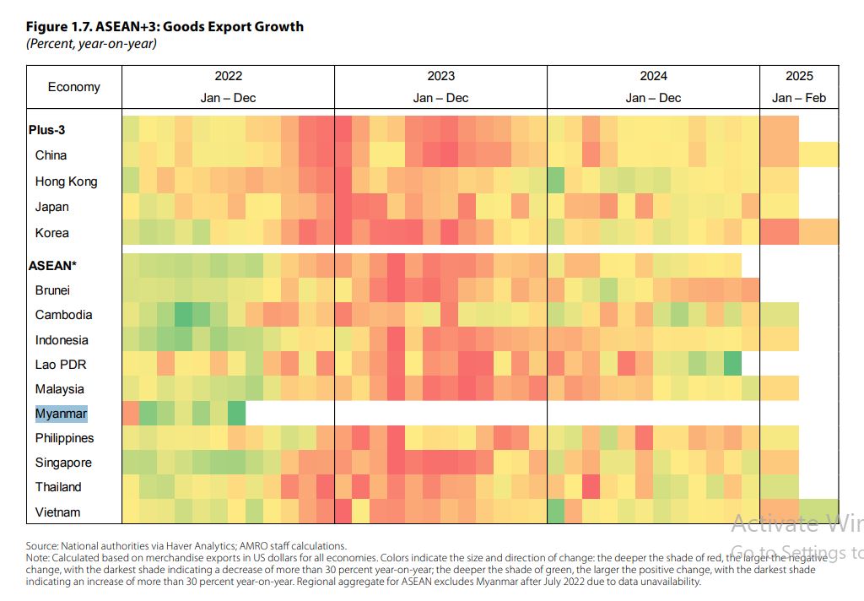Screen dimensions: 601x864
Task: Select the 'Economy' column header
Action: [73, 87]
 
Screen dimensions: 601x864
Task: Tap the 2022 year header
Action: [228, 76]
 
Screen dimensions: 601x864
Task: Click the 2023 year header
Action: [440, 76]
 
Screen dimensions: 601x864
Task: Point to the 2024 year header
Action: [653, 76]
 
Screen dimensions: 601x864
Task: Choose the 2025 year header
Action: [799, 76]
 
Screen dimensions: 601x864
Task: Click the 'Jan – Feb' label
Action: [799, 98]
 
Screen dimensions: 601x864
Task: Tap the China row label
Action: [51, 155]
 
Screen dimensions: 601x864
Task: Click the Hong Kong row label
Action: [66, 181]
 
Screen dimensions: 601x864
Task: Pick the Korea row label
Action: [51, 233]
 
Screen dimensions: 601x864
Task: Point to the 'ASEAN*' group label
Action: [53, 265]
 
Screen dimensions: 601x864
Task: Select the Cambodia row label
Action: [63, 315]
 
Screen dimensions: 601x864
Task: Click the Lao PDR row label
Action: [61, 365]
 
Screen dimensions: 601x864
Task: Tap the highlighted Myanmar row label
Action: [61, 414]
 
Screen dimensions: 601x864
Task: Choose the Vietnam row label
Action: [57, 512]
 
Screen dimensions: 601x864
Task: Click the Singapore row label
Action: [63, 463]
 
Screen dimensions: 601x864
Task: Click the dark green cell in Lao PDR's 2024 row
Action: [732, 365]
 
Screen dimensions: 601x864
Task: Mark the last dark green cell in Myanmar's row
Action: [236, 414]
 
